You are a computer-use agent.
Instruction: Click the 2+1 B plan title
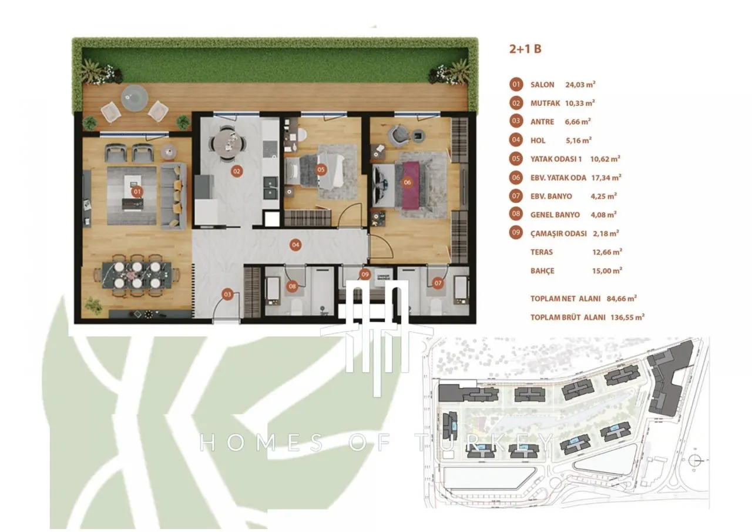pyautogui.click(x=525, y=49)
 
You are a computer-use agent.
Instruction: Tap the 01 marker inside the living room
pyautogui.click(x=137, y=192)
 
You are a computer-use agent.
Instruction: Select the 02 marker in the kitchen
pyautogui.click(x=237, y=171)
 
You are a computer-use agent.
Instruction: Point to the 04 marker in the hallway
pyautogui.click(x=296, y=245)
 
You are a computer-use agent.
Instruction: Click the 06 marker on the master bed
pyautogui.click(x=407, y=182)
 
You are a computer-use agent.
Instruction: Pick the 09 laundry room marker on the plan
pyautogui.click(x=365, y=275)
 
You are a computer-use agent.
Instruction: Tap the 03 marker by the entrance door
pyautogui.click(x=227, y=295)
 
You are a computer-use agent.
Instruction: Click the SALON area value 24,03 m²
pyautogui.click(x=580, y=84)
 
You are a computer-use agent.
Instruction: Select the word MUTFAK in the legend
pyautogui.click(x=545, y=103)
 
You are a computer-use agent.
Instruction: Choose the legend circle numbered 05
pyautogui.click(x=516, y=159)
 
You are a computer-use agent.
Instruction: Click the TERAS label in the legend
pyautogui.click(x=542, y=252)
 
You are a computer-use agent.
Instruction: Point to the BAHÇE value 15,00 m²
pyautogui.click(x=607, y=270)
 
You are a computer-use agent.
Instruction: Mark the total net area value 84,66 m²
pyautogui.click(x=622, y=298)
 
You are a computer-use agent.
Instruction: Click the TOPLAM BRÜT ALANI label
pyautogui.click(x=568, y=317)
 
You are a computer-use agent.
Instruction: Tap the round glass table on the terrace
pyautogui.click(x=135, y=98)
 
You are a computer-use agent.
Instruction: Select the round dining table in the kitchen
pyautogui.click(x=228, y=143)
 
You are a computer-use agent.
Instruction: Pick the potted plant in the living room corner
pyautogui.click(x=93, y=305)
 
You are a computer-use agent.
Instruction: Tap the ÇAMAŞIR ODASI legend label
pyautogui.click(x=559, y=233)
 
